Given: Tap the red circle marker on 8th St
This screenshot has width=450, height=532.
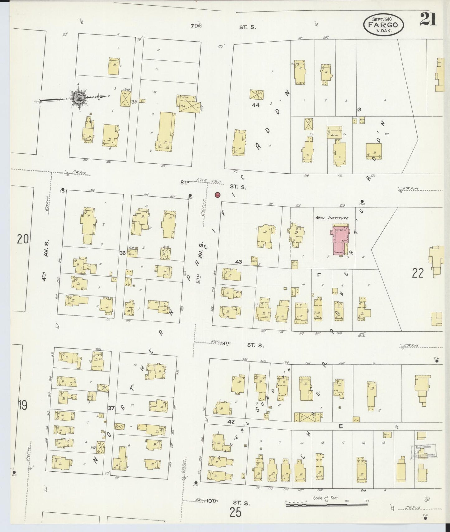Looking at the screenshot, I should coord(218,195).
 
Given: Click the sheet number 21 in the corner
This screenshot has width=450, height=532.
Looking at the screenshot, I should coord(428,20).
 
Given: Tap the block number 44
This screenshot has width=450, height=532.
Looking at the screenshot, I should coord(256,105).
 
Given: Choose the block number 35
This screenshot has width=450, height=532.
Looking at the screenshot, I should coord(134,101).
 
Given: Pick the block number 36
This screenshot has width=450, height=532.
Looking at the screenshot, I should coord(122,253).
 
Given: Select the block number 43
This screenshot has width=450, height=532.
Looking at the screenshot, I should coord(239,262).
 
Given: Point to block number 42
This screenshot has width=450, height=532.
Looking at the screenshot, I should coord(231,422).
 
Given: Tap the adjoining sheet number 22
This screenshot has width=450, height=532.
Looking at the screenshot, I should coord(418,273).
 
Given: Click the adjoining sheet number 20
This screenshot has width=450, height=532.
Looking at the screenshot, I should coord(23,239).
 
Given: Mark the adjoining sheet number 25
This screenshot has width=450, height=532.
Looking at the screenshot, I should coord(235,512).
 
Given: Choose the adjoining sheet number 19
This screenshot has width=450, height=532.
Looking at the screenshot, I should coord(22,405).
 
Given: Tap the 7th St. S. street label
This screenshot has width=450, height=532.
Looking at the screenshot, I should coord(223,27).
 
